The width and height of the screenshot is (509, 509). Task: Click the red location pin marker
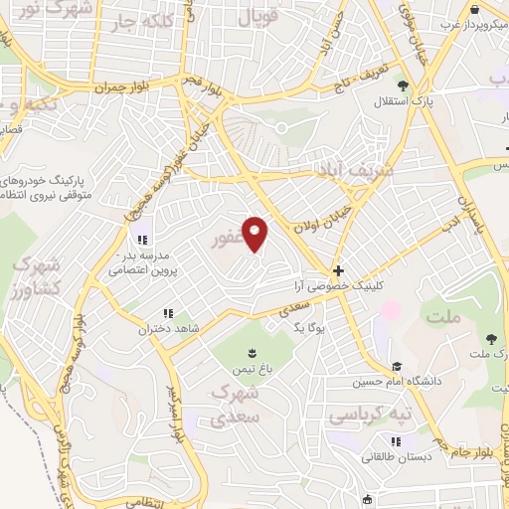[x=255, y=235]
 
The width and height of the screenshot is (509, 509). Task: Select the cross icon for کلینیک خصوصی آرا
[x=339, y=270]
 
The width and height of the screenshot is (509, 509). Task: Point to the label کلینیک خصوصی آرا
[x=339, y=285]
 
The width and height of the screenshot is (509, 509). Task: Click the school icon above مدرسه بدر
[x=142, y=239]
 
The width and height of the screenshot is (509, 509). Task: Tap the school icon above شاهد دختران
[x=180, y=312]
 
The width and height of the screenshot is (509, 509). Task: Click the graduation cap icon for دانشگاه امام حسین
[x=398, y=367]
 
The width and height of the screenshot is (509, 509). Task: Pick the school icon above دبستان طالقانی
[x=397, y=441]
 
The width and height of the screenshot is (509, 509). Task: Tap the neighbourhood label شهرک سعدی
[x=236, y=405]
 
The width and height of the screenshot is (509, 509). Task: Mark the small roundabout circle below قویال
[x=281, y=127]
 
